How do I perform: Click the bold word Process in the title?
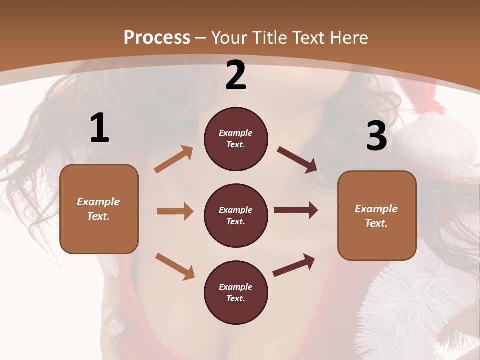pyautogui.click(x=157, y=37)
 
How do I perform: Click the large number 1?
pyautogui.click(x=99, y=128)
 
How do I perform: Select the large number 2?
pyautogui.click(x=236, y=75)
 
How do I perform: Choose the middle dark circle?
pyautogui.click(x=236, y=215)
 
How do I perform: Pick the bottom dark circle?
pyautogui.click(x=236, y=292)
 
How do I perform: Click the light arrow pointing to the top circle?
pyautogui.click(x=174, y=159)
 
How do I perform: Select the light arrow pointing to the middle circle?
pyautogui.click(x=175, y=211)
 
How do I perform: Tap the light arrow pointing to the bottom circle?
pyautogui.click(x=175, y=266)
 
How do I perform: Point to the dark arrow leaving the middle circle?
pyautogui.click(x=295, y=210)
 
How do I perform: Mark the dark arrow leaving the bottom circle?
pyautogui.click(x=294, y=265)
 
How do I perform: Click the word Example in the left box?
pyautogui.click(x=98, y=202)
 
